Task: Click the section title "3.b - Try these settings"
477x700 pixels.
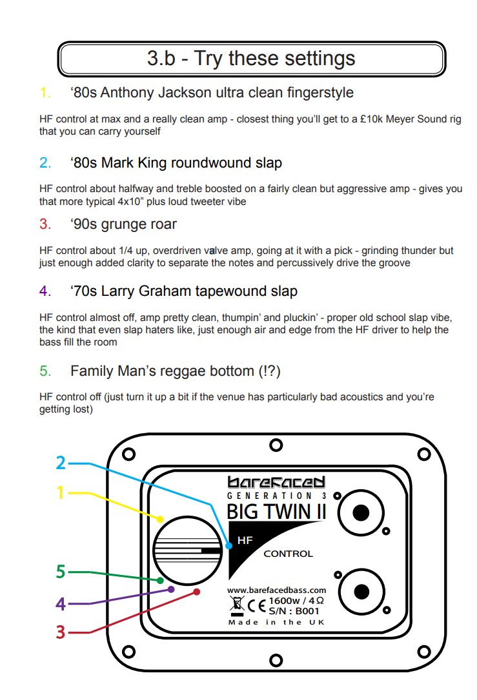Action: click(251, 59)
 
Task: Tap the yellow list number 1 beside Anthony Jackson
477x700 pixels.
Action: click(45, 92)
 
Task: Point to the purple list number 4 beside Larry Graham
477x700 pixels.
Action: click(45, 291)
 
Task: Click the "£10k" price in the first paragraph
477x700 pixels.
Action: click(370, 119)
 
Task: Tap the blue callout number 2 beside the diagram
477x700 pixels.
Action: click(61, 463)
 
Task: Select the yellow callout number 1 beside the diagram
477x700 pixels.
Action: click(61, 493)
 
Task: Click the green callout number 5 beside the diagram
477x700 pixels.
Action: click(61, 572)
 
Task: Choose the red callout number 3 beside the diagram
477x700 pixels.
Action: click(61, 632)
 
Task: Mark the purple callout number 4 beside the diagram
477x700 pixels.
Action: click(61, 604)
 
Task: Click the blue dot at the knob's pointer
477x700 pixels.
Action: click(229, 545)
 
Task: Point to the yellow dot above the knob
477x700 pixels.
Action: click(160, 519)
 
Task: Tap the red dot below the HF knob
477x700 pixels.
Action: click(197, 592)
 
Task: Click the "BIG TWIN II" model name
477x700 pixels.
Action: click(276, 512)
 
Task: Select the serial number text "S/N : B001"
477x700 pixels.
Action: click(294, 611)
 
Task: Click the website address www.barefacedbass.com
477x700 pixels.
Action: click(276, 590)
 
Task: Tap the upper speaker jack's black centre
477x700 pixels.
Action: click(361, 513)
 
